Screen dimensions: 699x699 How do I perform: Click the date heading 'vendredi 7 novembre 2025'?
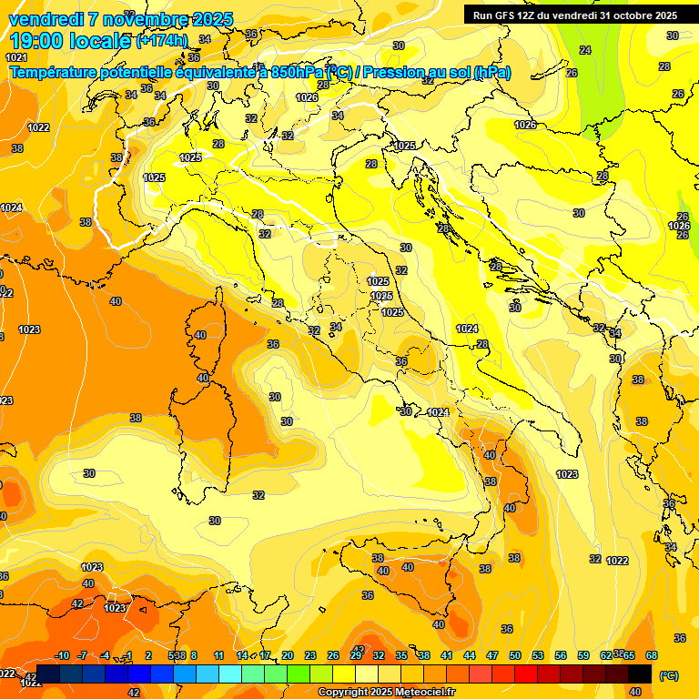[x=120, y=19]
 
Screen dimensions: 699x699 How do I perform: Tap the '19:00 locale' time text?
[x=70, y=41]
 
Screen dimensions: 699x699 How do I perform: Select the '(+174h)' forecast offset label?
[x=161, y=41]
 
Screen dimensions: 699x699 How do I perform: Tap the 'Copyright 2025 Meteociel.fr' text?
[x=386, y=692]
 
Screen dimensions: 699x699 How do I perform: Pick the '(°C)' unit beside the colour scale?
[x=669, y=674]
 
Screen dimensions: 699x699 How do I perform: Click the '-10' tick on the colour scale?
[x=62, y=655]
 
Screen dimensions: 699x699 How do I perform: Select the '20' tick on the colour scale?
[x=287, y=655]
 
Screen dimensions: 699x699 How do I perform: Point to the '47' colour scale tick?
[x=492, y=655]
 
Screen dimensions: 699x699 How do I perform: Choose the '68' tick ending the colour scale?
[x=651, y=655]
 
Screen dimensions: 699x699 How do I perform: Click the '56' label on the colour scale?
[x=561, y=655]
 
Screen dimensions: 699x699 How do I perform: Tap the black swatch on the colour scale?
[x=640, y=674]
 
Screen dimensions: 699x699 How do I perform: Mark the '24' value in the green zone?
[x=585, y=50]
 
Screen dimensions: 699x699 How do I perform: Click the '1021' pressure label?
[x=16, y=57]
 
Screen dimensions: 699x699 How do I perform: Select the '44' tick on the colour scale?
[x=470, y=655]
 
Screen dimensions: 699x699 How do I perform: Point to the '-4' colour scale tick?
[x=105, y=655]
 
